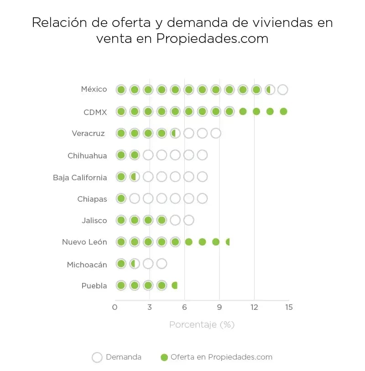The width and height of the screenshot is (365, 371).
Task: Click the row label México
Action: (x=94, y=89)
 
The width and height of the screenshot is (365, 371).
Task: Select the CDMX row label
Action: (x=95, y=112)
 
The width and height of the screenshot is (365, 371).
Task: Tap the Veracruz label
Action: (x=88, y=134)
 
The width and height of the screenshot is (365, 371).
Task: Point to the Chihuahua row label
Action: (x=87, y=156)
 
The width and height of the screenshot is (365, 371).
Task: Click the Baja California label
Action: (x=80, y=178)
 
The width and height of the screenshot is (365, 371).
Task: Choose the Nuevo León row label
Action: (x=84, y=242)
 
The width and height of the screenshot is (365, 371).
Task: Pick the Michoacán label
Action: (x=87, y=265)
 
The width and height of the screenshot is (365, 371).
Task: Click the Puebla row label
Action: (x=94, y=286)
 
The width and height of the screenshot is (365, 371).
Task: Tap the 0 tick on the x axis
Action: (x=115, y=307)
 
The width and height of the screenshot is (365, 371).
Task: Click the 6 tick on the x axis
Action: (x=184, y=307)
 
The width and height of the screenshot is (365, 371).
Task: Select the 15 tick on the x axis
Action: (x=288, y=307)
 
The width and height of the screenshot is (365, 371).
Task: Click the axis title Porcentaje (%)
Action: (x=202, y=325)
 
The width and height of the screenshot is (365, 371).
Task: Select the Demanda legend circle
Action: (x=97, y=357)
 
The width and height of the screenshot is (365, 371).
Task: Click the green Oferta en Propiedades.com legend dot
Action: (x=165, y=357)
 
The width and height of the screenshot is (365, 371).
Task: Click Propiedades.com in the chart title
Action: (x=212, y=39)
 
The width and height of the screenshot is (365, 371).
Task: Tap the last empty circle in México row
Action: (x=282, y=89)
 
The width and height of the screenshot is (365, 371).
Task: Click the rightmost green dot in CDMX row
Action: (x=283, y=111)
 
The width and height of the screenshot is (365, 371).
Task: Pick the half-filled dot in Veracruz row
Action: (x=175, y=133)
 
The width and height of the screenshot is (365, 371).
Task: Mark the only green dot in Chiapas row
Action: (x=121, y=199)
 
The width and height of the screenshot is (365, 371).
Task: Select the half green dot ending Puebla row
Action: (x=174, y=286)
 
